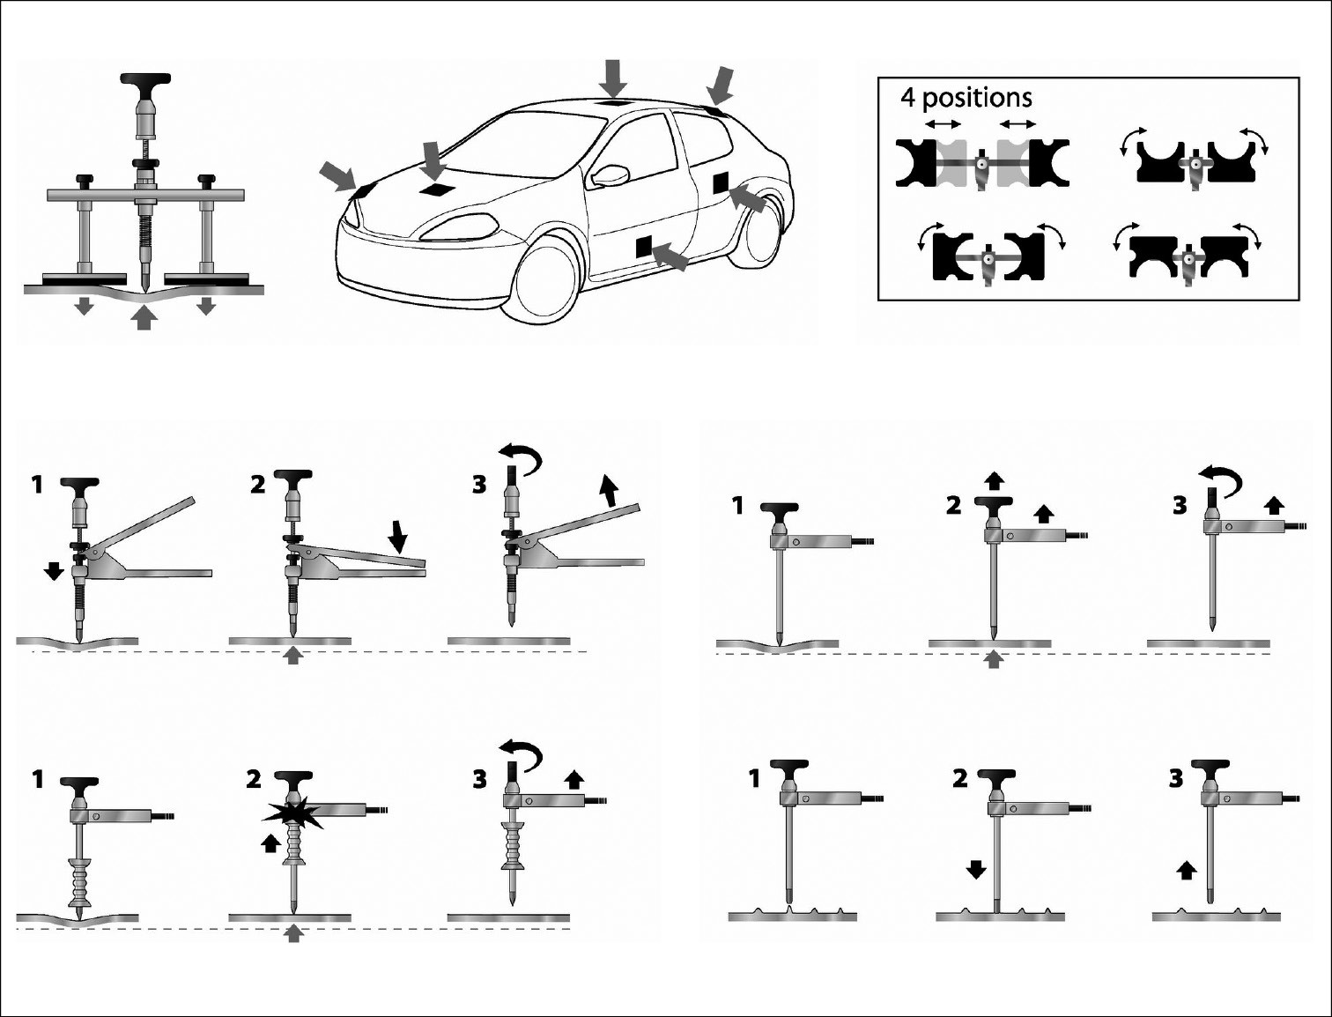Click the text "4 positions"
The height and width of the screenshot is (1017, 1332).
pos(966,98)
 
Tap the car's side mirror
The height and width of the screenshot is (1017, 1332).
pos(611,174)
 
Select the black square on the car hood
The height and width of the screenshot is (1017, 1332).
pos(435,189)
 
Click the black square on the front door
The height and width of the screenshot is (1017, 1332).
pos(643,246)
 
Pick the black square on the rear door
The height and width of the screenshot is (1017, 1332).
pos(721,182)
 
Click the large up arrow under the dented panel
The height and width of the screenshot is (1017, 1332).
pos(144,318)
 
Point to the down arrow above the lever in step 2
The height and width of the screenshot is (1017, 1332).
pos(398,537)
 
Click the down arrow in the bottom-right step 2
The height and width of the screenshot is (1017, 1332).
pos(976,871)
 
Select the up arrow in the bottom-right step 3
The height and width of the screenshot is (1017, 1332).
pos(1188,871)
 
